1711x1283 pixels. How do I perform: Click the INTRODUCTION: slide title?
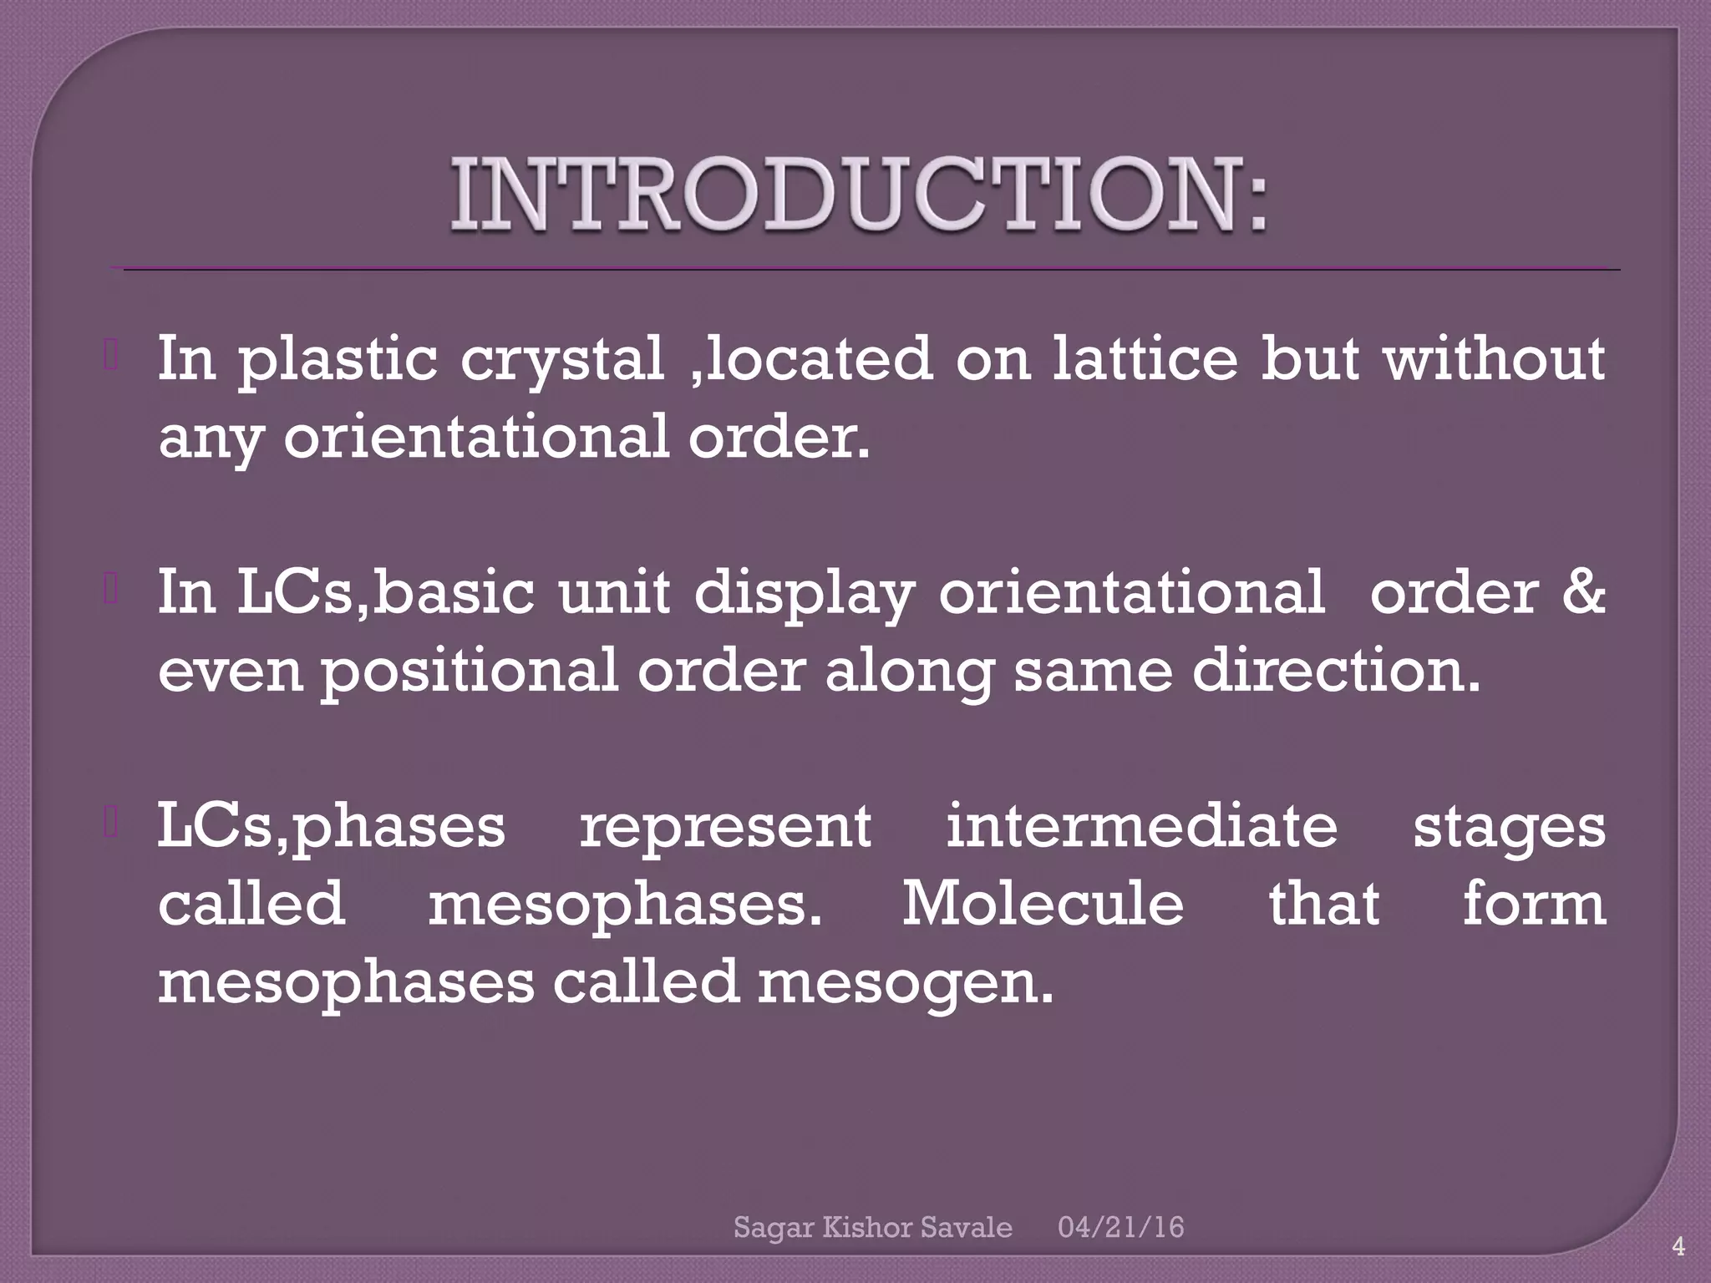tap(859, 195)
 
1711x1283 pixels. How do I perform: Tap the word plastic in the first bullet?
tap(338, 359)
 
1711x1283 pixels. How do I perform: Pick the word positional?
tap(470, 671)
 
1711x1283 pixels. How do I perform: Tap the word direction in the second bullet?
tap(1335, 669)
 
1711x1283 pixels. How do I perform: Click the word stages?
tap(1509, 827)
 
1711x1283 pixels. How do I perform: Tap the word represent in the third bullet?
tap(725, 827)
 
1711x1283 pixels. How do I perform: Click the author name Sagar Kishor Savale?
tap(872, 1227)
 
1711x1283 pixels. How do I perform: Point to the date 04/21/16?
tap(1120, 1226)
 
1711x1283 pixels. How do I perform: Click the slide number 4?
tap(1678, 1248)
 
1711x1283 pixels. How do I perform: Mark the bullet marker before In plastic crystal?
tap(110, 358)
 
